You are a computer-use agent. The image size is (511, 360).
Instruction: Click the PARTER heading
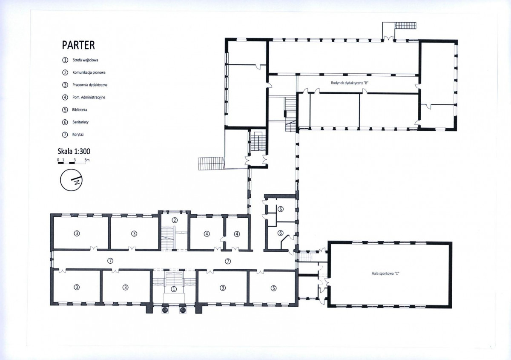pos(78,45)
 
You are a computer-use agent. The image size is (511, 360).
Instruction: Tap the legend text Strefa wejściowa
pos(85,60)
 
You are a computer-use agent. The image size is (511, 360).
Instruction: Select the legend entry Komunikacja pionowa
pos(89,72)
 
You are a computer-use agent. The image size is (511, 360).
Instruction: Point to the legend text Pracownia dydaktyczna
pos(90,85)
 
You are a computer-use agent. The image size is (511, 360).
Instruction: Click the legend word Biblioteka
pos(80,110)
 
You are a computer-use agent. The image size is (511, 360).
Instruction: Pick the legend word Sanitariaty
pos(80,122)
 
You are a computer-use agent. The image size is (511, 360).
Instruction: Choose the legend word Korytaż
pos(78,135)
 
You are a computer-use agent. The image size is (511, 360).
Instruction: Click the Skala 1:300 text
pos(74,151)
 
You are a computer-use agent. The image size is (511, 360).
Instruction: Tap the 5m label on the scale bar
pos(87,160)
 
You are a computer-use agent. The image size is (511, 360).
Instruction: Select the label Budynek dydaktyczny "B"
pos(350,83)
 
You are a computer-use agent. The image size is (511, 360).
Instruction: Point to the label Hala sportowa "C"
pos(385,274)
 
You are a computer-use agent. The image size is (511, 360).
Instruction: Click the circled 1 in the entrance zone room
pos(174,289)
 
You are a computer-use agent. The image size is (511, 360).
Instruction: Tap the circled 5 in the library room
pos(273,288)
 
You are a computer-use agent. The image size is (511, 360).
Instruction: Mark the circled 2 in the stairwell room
pos(175,220)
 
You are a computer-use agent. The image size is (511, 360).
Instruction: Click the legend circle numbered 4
pos(65,98)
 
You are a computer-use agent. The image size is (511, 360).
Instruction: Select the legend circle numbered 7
pos(65,135)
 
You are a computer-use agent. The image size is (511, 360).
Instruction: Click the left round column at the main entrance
pos(165,310)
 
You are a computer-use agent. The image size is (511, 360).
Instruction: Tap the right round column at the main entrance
pos(183,310)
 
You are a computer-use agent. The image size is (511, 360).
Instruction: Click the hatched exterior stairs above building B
pos(405,25)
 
